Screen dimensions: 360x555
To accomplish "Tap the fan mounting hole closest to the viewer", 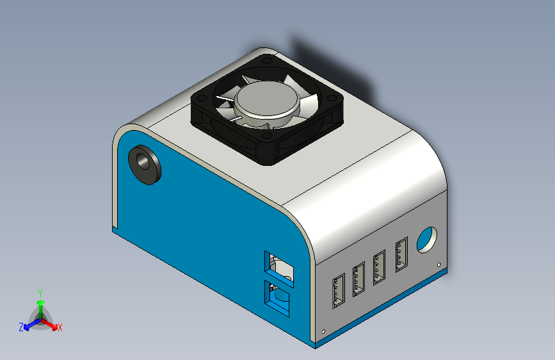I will [x=268, y=135].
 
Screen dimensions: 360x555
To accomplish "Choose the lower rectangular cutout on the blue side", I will [x=280, y=299].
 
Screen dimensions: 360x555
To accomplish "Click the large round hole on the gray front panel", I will [x=426, y=240].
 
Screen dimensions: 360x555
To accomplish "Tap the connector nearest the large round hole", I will [x=402, y=255].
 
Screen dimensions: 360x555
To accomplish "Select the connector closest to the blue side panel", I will [x=338, y=293].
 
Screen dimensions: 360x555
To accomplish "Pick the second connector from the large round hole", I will [x=380, y=266].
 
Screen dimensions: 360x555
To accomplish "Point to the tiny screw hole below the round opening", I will [x=438, y=264].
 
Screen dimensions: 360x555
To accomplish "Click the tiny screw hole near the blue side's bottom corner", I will [x=323, y=331].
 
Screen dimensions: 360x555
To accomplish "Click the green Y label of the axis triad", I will [x=40, y=291].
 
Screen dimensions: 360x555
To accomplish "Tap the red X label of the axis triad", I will [x=60, y=327].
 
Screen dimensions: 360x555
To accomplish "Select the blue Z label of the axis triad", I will [x=21, y=327].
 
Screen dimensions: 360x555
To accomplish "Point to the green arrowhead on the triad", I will [x=40, y=300].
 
